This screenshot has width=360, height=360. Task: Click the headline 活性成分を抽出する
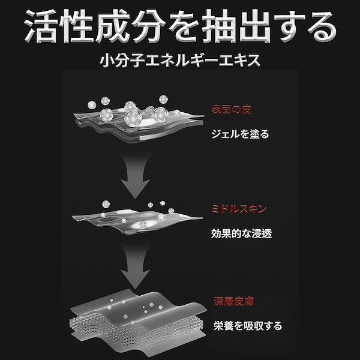click(180, 26)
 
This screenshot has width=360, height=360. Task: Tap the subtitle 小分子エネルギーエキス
click(179, 62)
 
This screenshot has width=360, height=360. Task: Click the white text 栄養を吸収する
click(247, 326)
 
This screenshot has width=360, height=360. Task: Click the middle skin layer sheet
click(135, 220)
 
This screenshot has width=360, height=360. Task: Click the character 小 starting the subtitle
click(110, 62)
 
